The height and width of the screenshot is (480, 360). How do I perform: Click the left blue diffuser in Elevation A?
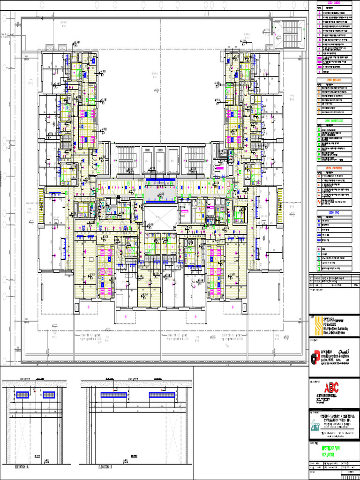[x=22, y=395]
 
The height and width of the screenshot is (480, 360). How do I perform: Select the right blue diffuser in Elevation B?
[x=162, y=395]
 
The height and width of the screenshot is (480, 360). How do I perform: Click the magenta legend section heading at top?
[x=334, y=3]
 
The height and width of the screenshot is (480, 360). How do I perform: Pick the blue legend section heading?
[x=334, y=212]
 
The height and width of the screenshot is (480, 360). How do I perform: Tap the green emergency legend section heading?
[x=334, y=121]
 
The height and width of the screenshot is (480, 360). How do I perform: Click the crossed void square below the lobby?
[x=160, y=218]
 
